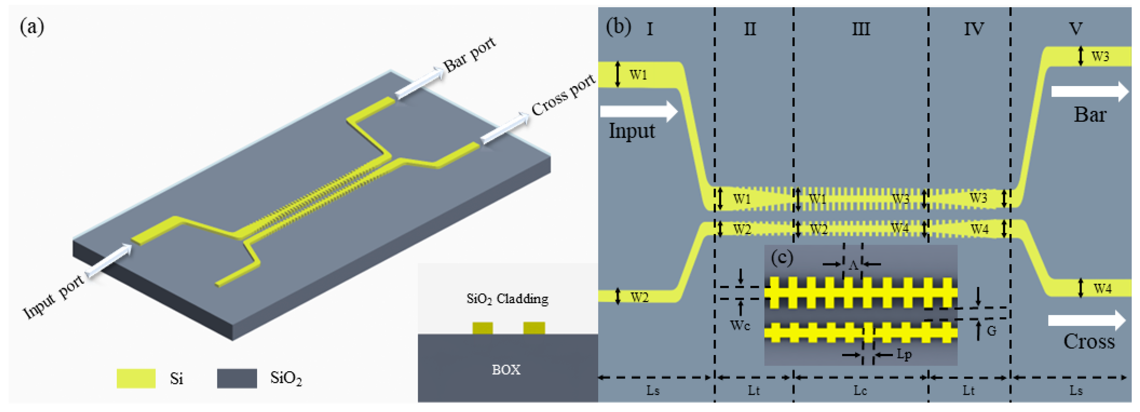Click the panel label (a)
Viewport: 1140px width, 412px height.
tap(32, 27)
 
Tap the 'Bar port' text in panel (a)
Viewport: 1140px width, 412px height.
tap(469, 55)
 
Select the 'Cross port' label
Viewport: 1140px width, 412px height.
tap(563, 95)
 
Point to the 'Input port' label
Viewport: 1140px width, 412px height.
tap(53, 297)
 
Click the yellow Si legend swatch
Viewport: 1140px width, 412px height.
tap(136, 378)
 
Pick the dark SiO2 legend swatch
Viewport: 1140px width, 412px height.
tap(237, 378)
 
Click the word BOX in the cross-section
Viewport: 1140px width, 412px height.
tap(506, 369)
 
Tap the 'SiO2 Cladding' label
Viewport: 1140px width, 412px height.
tap(507, 299)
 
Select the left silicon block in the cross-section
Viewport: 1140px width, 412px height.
tap(482, 328)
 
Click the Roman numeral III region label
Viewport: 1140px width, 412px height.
tap(861, 29)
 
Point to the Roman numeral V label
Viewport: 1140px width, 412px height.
tap(1075, 29)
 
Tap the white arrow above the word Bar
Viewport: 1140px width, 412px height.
tap(1090, 91)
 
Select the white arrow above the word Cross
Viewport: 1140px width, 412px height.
tap(1087, 320)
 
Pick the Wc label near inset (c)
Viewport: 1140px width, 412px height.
tap(740, 326)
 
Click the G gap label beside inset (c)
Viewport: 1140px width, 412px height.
tap(992, 331)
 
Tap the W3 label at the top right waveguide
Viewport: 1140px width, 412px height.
tap(1100, 57)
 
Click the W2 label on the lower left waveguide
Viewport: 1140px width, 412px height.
tap(639, 297)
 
